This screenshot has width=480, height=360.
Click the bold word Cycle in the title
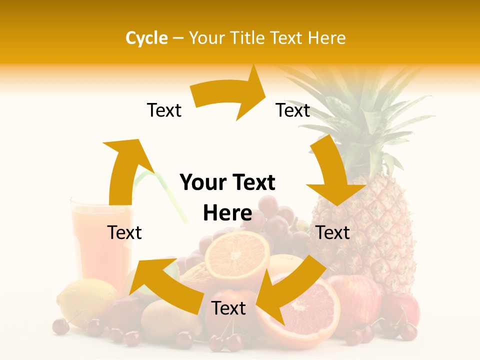pos(146,38)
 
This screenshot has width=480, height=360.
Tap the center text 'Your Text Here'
pos(227,198)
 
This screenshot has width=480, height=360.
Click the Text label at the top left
pos(164,110)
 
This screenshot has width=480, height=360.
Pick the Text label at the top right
pos(293,110)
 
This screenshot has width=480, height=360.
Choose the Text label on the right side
pos(333,232)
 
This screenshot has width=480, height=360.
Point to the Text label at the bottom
pos(228,308)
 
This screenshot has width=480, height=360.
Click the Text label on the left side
pos(124,232)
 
